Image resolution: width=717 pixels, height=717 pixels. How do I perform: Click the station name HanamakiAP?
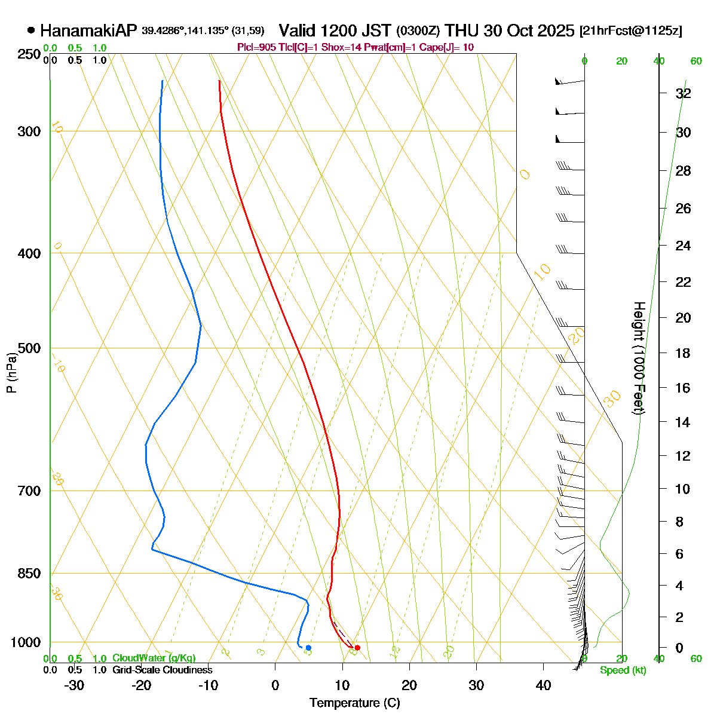(88, 30)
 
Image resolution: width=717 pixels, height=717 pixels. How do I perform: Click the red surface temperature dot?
(357, 648)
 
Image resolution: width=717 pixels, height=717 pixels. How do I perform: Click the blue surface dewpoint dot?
(308, 648)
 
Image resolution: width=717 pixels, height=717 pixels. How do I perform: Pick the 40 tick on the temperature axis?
(543, 685)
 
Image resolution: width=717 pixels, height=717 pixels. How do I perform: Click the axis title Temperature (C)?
(354, 703)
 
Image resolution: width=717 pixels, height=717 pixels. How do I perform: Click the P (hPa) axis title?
(11, 373)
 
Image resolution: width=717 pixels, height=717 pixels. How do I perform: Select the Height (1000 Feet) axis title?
(638, 358)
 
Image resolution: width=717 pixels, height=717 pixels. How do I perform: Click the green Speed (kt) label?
(623, 670)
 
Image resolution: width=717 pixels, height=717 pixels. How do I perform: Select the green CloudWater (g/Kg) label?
(154, 658)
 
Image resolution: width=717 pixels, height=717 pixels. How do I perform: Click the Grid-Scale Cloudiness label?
(162, 670)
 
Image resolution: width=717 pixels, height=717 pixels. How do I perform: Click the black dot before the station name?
(31, 30)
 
